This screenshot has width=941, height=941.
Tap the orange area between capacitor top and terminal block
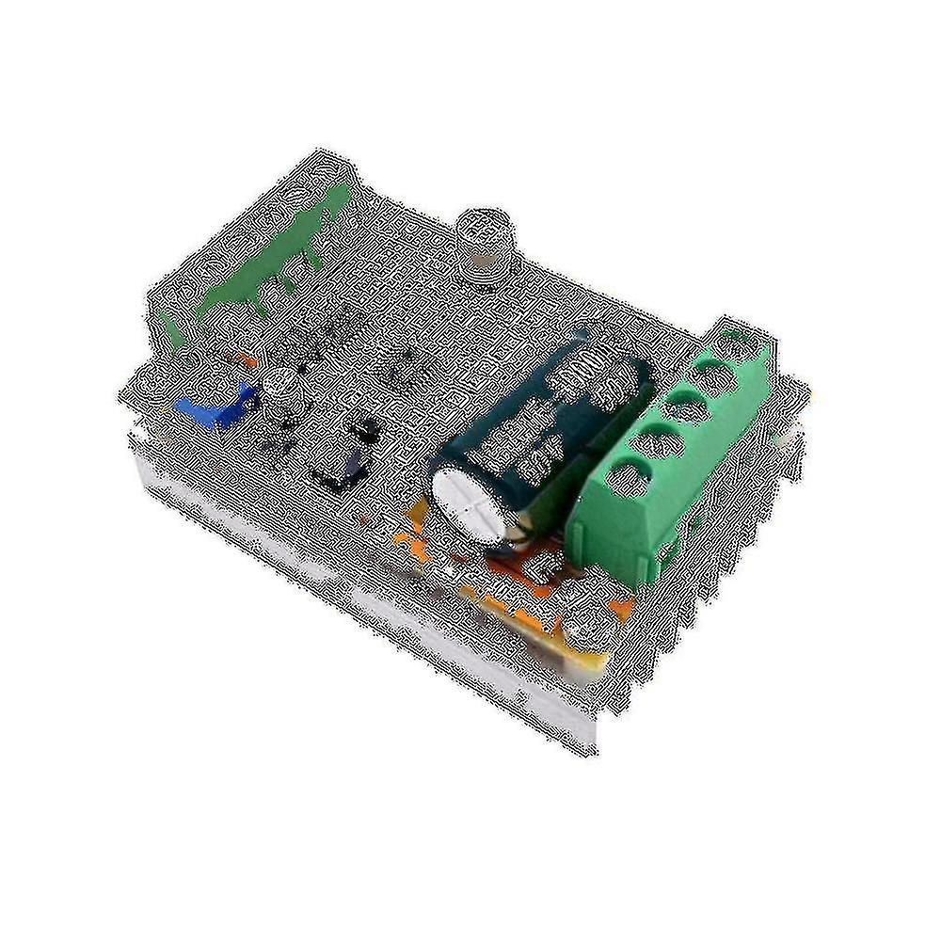tap(546, 555)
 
